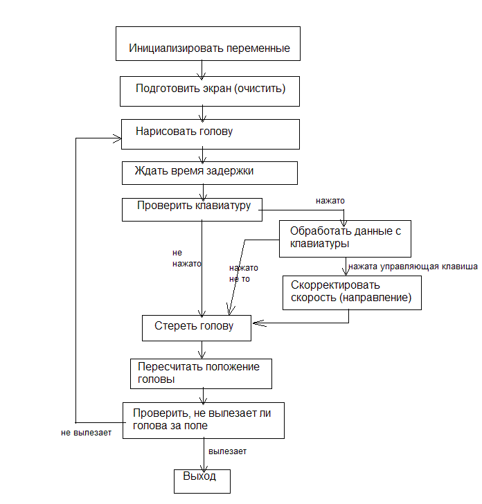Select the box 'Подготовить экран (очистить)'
[x=211, y=90]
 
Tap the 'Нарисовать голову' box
[x=211, y=133]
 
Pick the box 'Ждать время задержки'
[x=209, y=172]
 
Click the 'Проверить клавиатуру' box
[x=192, y=210]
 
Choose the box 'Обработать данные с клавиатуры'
[x=346, y=237]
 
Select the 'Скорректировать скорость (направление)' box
[x=351, y=292]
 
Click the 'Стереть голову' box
[x=196, y=327]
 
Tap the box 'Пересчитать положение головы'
[x=201, y=373]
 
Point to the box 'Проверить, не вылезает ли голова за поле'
[x=203, y=420]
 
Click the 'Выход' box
[x=200, y=478]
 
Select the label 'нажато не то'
[x=243, y=273]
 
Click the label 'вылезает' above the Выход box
[x=228, y=451]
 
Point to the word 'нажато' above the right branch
[x=330, y=201]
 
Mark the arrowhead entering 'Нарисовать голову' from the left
[x=117, y=138]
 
